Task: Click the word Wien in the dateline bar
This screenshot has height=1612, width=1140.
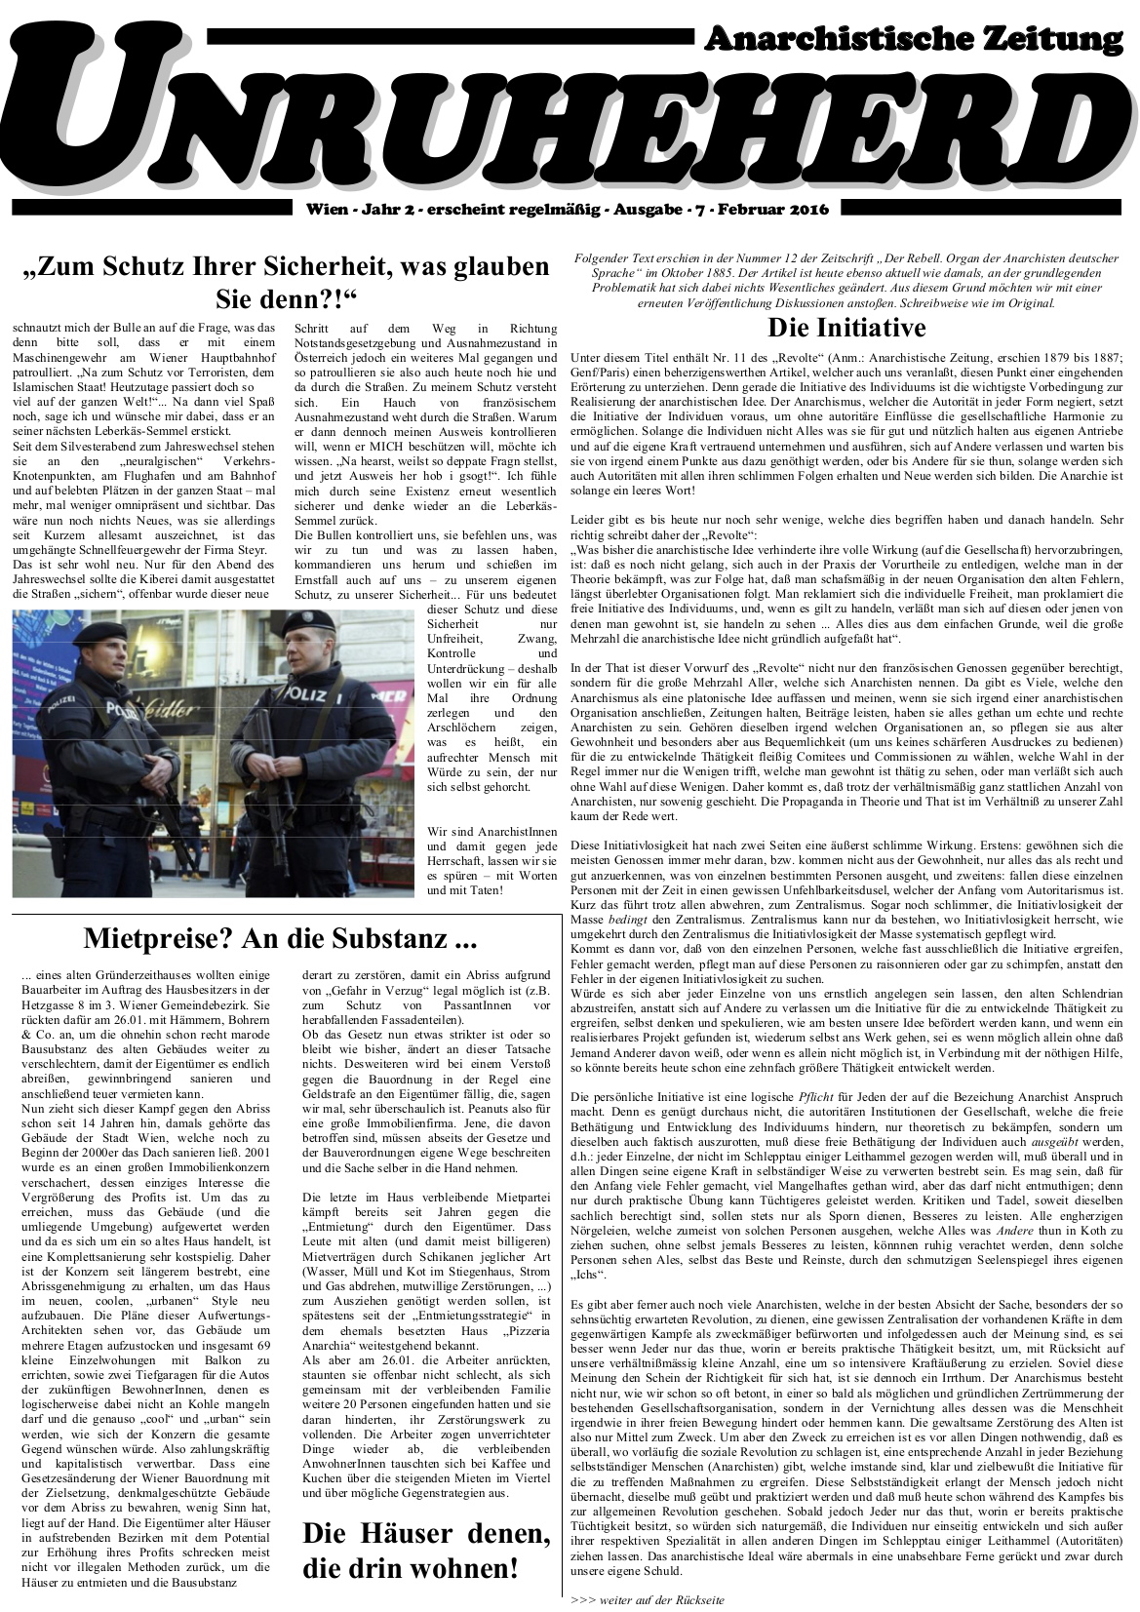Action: (x=324, y=209)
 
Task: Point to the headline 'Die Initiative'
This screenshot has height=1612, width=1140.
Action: (x=845, y=326)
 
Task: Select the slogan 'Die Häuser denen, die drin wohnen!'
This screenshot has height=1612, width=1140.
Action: (x=426, y=1550)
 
